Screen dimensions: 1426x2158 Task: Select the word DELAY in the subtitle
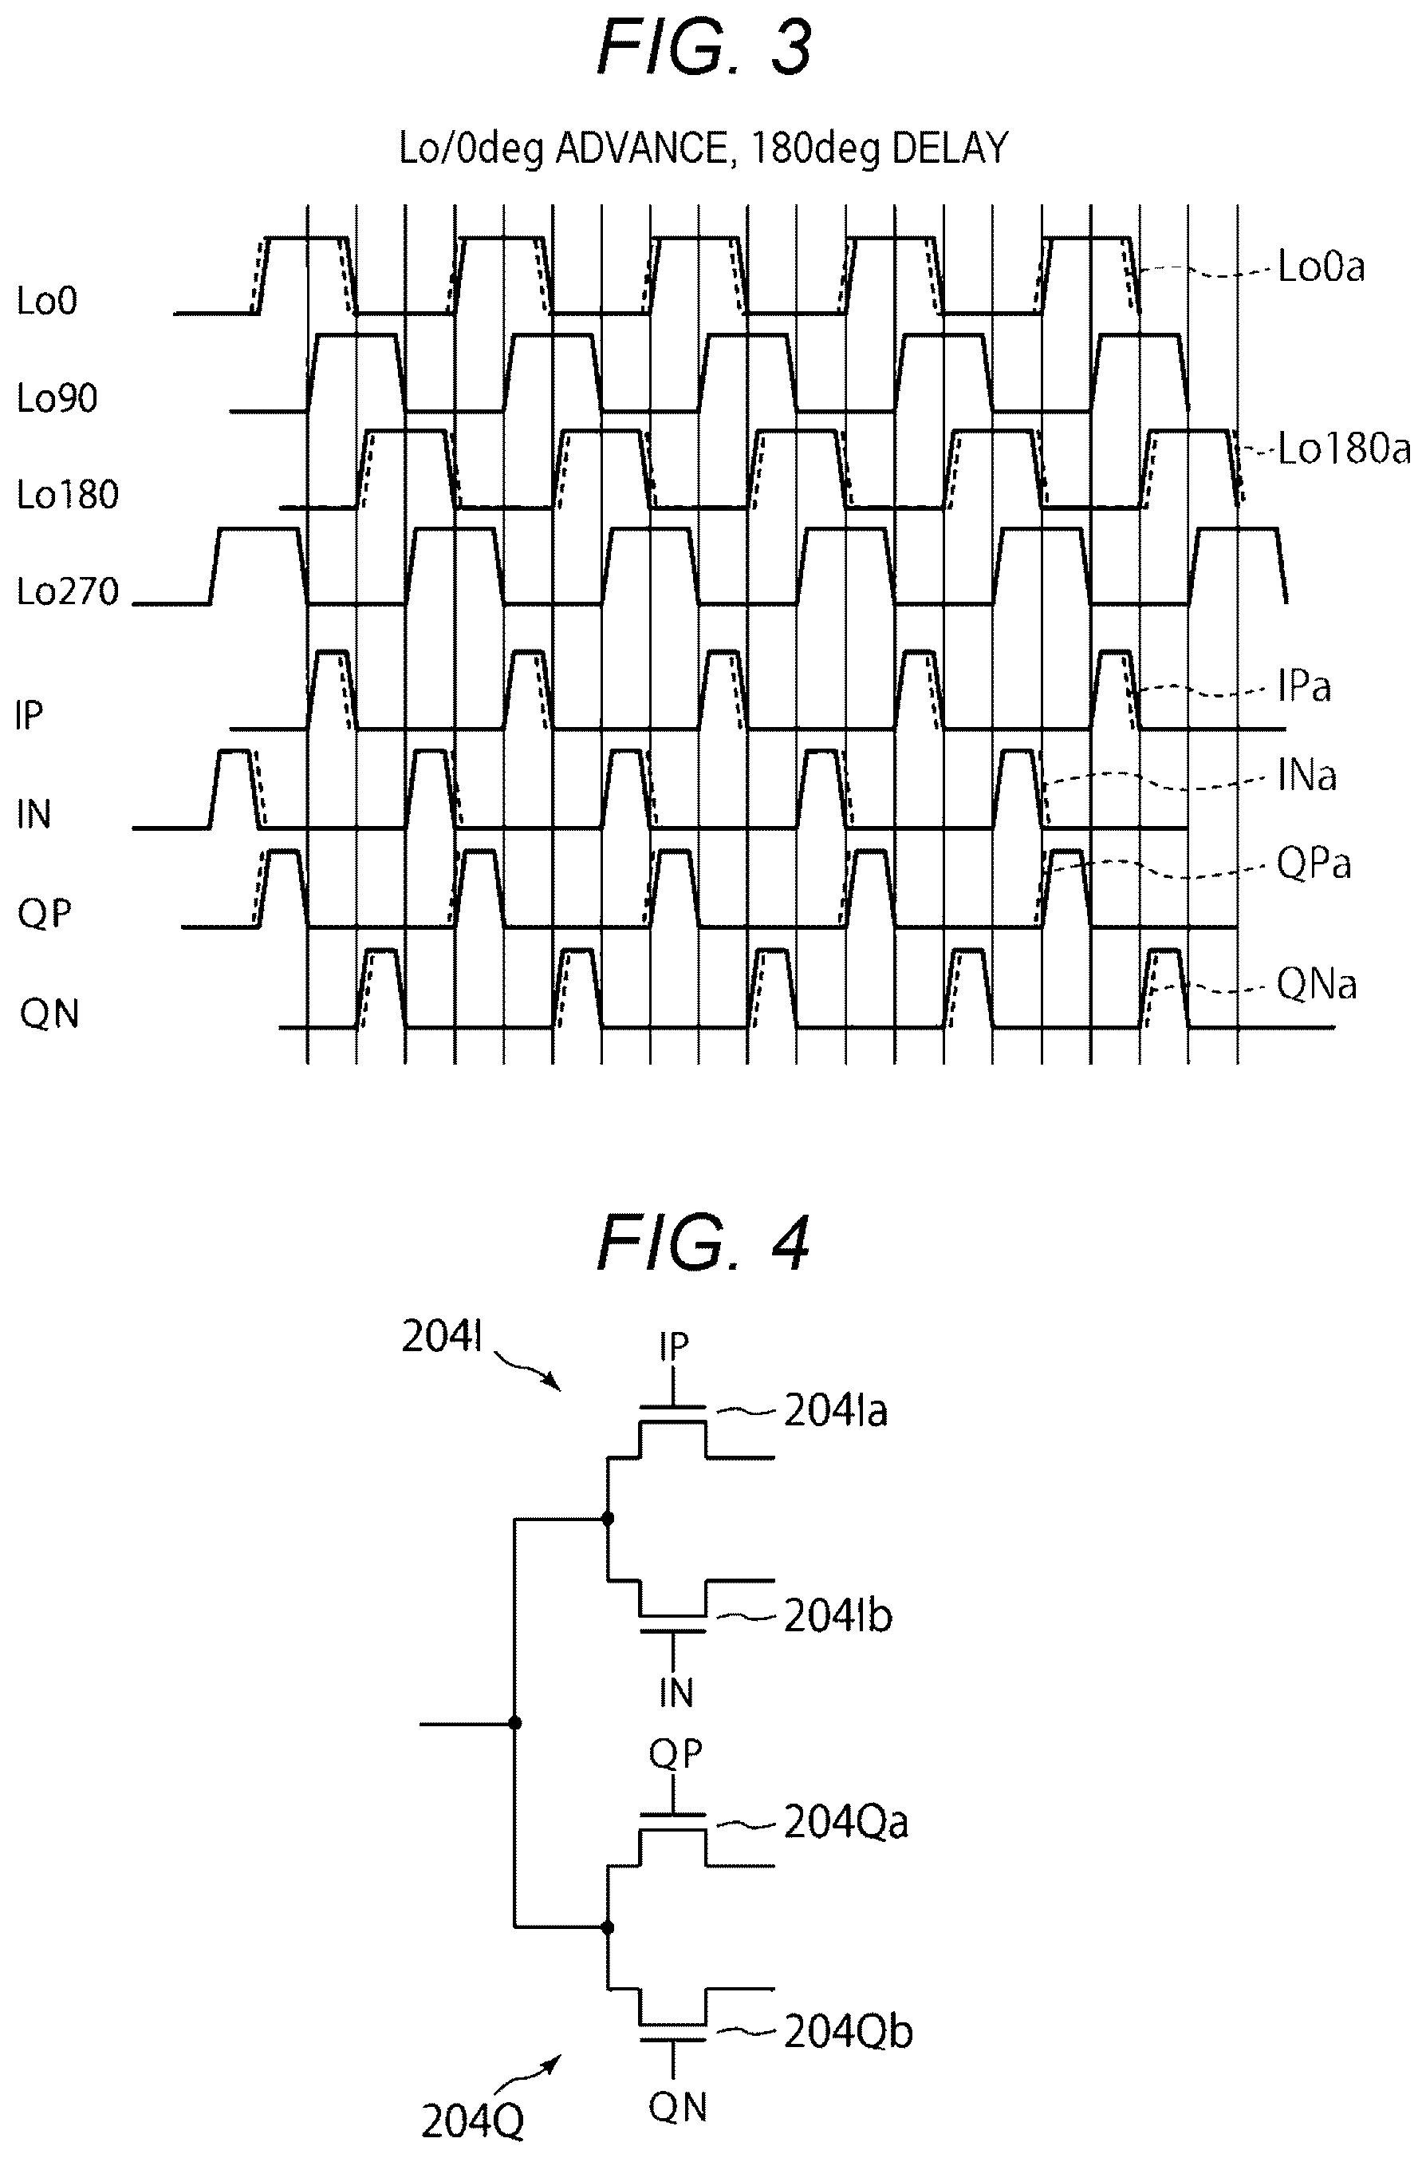click(x=951, y=148)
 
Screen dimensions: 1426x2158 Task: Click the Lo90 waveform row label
click(x=57, y=398)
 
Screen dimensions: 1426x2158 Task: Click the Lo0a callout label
click(x=1322, y=267)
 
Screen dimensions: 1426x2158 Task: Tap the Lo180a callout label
click(x=1344, y=449)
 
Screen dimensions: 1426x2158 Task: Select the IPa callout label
click(x=1304, y=687)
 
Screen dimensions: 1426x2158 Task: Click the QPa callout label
click(x=1314, y=864)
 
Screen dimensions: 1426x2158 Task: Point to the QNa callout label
click(x=1317, y=984)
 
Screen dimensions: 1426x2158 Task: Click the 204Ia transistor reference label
click(x=836, y=1412)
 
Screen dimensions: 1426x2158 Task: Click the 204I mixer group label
click(x=442, y=1338)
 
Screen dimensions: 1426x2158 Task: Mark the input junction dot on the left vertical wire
click(x=516, y=1723)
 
